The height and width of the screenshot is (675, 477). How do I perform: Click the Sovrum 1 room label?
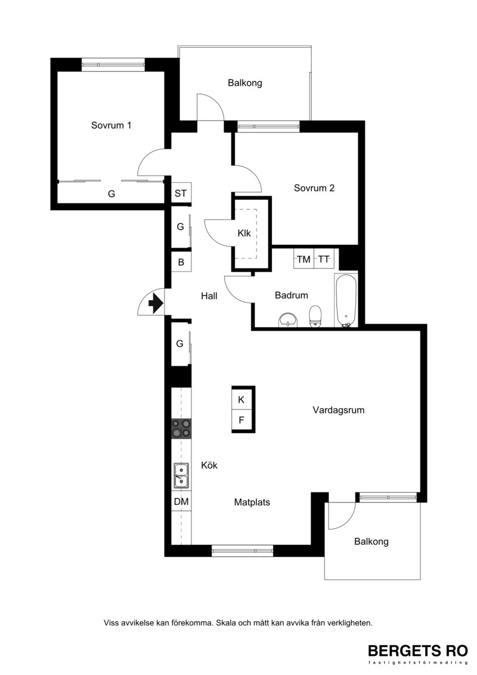(x=111, y=125)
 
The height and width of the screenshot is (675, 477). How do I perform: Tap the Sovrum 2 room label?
(x=314, y=187)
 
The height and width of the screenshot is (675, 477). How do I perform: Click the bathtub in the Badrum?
(x=346, y=300)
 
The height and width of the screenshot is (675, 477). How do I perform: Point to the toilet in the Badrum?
(x=315, y=316)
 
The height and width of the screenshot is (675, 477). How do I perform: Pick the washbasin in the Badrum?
(x=287, y=320)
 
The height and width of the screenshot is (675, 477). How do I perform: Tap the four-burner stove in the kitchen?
(x=181, y=429)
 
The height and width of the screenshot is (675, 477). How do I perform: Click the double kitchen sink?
(x=181, y=475)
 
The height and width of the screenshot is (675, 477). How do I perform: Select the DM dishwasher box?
(x=181, y=501)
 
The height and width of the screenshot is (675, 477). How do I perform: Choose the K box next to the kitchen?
(x=241, y=399)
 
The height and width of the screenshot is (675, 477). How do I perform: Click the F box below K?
(x=241, y=420)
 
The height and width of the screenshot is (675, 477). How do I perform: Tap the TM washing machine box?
(x=303, y=259)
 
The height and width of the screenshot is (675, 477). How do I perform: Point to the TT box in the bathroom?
(x=324, y=259)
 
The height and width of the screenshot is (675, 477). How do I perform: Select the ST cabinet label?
(x=181, y=193)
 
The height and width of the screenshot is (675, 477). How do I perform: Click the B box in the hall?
(x=181, y=262)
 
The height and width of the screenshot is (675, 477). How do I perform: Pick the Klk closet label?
(x=244, y=233)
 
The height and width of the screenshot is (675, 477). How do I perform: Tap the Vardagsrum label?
(x=339, y=410)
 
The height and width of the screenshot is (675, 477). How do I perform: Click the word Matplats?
(x=252, y=502)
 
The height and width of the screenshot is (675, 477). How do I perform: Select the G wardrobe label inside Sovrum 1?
(x=111, y=194)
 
